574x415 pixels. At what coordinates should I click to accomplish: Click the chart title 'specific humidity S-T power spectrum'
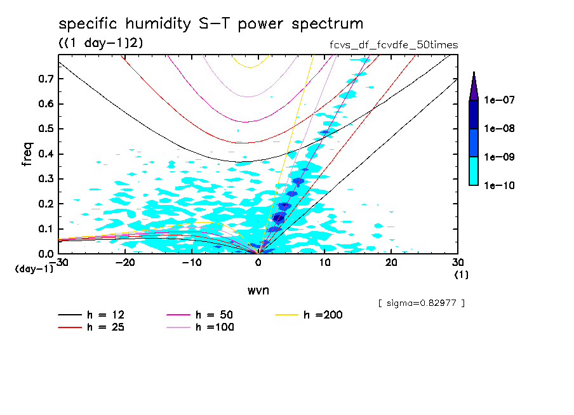[x=211, y=24]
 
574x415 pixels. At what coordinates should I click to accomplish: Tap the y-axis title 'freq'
[x=27, y=154]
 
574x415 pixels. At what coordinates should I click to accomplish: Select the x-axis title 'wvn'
[x=258, y=290]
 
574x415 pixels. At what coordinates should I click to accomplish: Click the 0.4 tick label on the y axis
[x=45, y=154]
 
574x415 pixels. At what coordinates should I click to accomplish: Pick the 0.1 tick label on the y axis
[x=45, y=229]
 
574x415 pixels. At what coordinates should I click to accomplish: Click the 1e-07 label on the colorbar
[x=498, y=100]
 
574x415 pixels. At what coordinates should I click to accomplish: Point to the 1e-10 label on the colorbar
[x=498, y=185]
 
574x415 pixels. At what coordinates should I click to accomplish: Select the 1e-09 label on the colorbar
[x=498, y=157]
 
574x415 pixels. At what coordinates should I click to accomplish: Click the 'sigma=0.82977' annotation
[x=421, y=303]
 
